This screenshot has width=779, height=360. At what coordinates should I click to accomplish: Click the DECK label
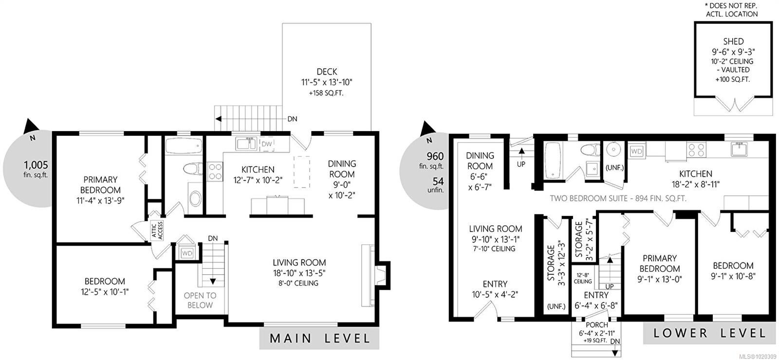(x=327, y=72)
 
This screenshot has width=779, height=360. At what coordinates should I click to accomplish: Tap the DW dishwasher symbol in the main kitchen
(x=267, y=144)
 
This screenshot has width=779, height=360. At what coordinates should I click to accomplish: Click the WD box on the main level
(x=187, y=253)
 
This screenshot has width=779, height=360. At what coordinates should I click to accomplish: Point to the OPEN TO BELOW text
(x=200, y=300)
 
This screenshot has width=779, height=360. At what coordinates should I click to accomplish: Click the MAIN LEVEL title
(x=319, y=338)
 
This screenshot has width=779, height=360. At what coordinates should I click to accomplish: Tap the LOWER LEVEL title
(x=710, y=333)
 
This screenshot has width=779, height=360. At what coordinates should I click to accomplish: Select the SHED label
(x=733, y=41)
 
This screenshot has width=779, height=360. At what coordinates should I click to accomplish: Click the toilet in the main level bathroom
(x=193, y=170)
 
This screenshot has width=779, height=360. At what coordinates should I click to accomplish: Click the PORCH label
(x=597, y=325)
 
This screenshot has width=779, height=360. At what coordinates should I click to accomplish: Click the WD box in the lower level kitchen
(x=636, y=152)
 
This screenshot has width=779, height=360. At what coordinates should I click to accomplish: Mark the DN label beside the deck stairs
(x=292, y=119)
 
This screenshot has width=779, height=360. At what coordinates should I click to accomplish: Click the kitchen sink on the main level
(x=246, y=143)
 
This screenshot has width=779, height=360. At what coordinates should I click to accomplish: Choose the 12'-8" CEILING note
(x=582, y=278)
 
